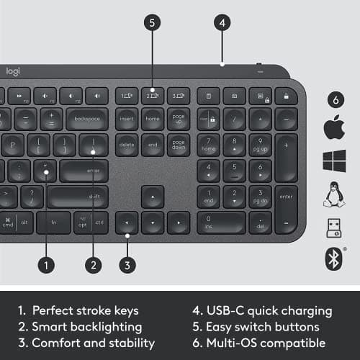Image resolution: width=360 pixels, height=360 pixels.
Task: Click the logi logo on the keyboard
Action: coord(14,71)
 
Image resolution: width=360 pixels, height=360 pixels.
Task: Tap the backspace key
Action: coord(86,119)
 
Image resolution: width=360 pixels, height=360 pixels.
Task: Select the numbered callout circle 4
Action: coord(223,22)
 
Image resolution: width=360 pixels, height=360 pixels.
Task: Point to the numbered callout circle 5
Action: coord(152,22)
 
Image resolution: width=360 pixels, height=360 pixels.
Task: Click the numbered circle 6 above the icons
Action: coord(334,99)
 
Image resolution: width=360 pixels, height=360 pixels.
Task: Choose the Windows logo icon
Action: coord(333,161)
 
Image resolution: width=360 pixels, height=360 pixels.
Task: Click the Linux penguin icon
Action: coord(333,194)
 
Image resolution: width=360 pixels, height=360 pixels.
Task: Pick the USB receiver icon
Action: coord(333,228)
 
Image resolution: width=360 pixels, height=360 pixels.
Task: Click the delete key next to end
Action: coord(127,145)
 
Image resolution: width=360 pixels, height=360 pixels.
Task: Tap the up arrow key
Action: coord(152,196)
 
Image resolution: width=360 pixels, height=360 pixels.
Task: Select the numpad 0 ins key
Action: coord(222,222)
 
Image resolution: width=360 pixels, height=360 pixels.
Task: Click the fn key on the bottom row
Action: coord(53,222)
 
